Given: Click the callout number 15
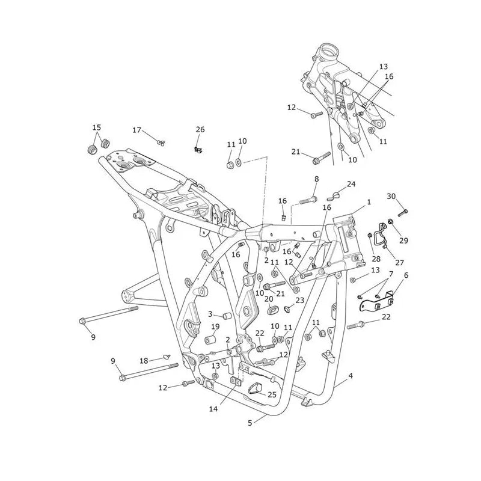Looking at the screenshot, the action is pyautogui.click(x=97, y=127).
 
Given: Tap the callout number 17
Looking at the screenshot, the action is pyautogui.click(x=137, y=130).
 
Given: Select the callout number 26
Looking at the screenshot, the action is pyautogui.click(x=200, y=129).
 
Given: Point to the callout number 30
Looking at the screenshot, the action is pyautogui.click(x=391, y=196).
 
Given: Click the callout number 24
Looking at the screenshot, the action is pyautogui.click(x=351, y=184).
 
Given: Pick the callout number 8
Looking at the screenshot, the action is pyautogui.click(x=317, y=179).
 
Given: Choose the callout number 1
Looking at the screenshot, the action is pyautogui.click(x=369, y=202).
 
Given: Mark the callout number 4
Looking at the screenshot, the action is pyautogui.click(x=351, y=375).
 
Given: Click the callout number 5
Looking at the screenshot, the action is pyautogui.click(x=250, y=423).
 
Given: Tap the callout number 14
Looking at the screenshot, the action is pyautogui.click(x=213, y=409).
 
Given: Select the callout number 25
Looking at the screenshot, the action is pyautogui.click(x=272, y=394).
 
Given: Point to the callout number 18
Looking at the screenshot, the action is pyautogui.click(x=144, y=361).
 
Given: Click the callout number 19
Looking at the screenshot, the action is pyautogui.click(x=215, y=326).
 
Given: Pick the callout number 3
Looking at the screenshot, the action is pyautogui.click(x=210, y=314).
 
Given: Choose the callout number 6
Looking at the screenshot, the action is pyautogui.click(x=406, y=275).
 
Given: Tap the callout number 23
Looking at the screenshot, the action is pyautogui.click(x=299, y=300).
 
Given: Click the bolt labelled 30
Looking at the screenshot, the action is pyautogui.click(x=403, y=212).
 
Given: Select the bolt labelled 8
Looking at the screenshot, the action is pyautogui.click(x=308, y=201).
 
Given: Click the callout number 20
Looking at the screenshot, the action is pyautogui.click(x=269, y=299).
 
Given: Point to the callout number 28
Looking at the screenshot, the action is pyautogui.click(x=376, y=259).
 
